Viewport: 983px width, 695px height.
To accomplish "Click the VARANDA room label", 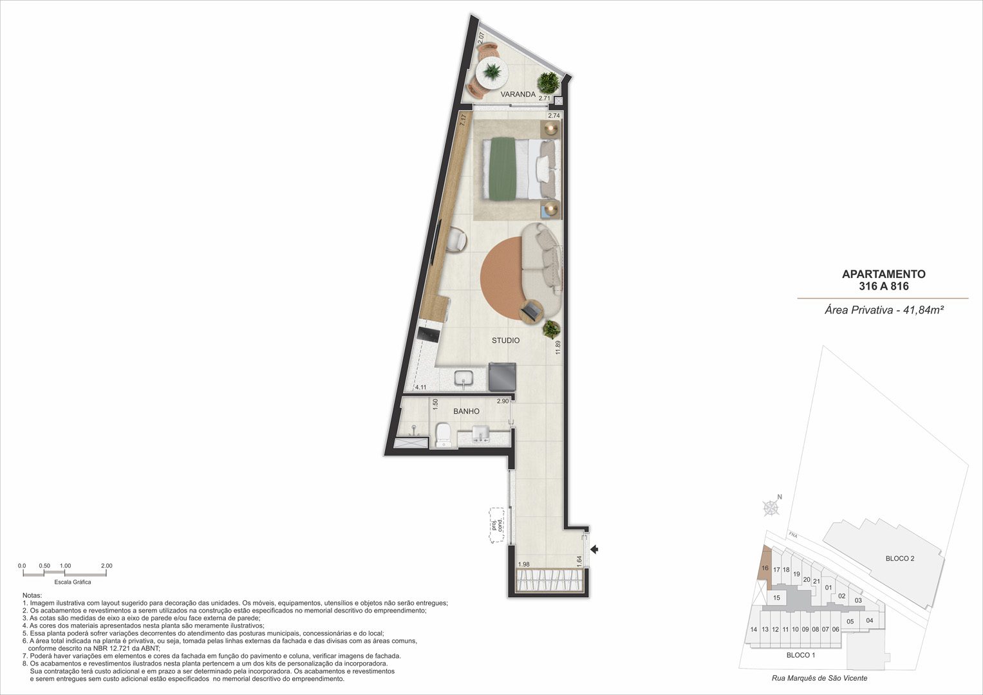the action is (518, 95).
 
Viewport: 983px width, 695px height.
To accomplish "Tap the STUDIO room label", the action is (505, 340).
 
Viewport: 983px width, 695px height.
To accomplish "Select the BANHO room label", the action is (466, 412).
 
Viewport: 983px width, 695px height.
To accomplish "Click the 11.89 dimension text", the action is (557, 347).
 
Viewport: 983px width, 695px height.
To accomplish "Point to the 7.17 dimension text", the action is (462, 120).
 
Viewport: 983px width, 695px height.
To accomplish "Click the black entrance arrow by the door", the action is (595, 549).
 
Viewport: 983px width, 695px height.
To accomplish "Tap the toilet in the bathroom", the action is (443, 435).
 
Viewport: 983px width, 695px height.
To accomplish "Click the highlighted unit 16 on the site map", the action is (765, 568).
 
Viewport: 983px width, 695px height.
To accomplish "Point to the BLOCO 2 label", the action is (900, 559).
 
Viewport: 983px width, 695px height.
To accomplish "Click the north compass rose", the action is (771, 508).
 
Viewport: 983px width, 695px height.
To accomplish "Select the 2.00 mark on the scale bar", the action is (107, 566).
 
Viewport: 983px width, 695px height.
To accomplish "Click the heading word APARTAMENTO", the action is (884, 274).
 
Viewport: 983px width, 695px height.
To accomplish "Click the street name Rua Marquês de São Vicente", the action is (819, 678).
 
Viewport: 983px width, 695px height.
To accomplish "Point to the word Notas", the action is (32, 595).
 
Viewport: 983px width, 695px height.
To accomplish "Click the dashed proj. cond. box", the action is (497, 526).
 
